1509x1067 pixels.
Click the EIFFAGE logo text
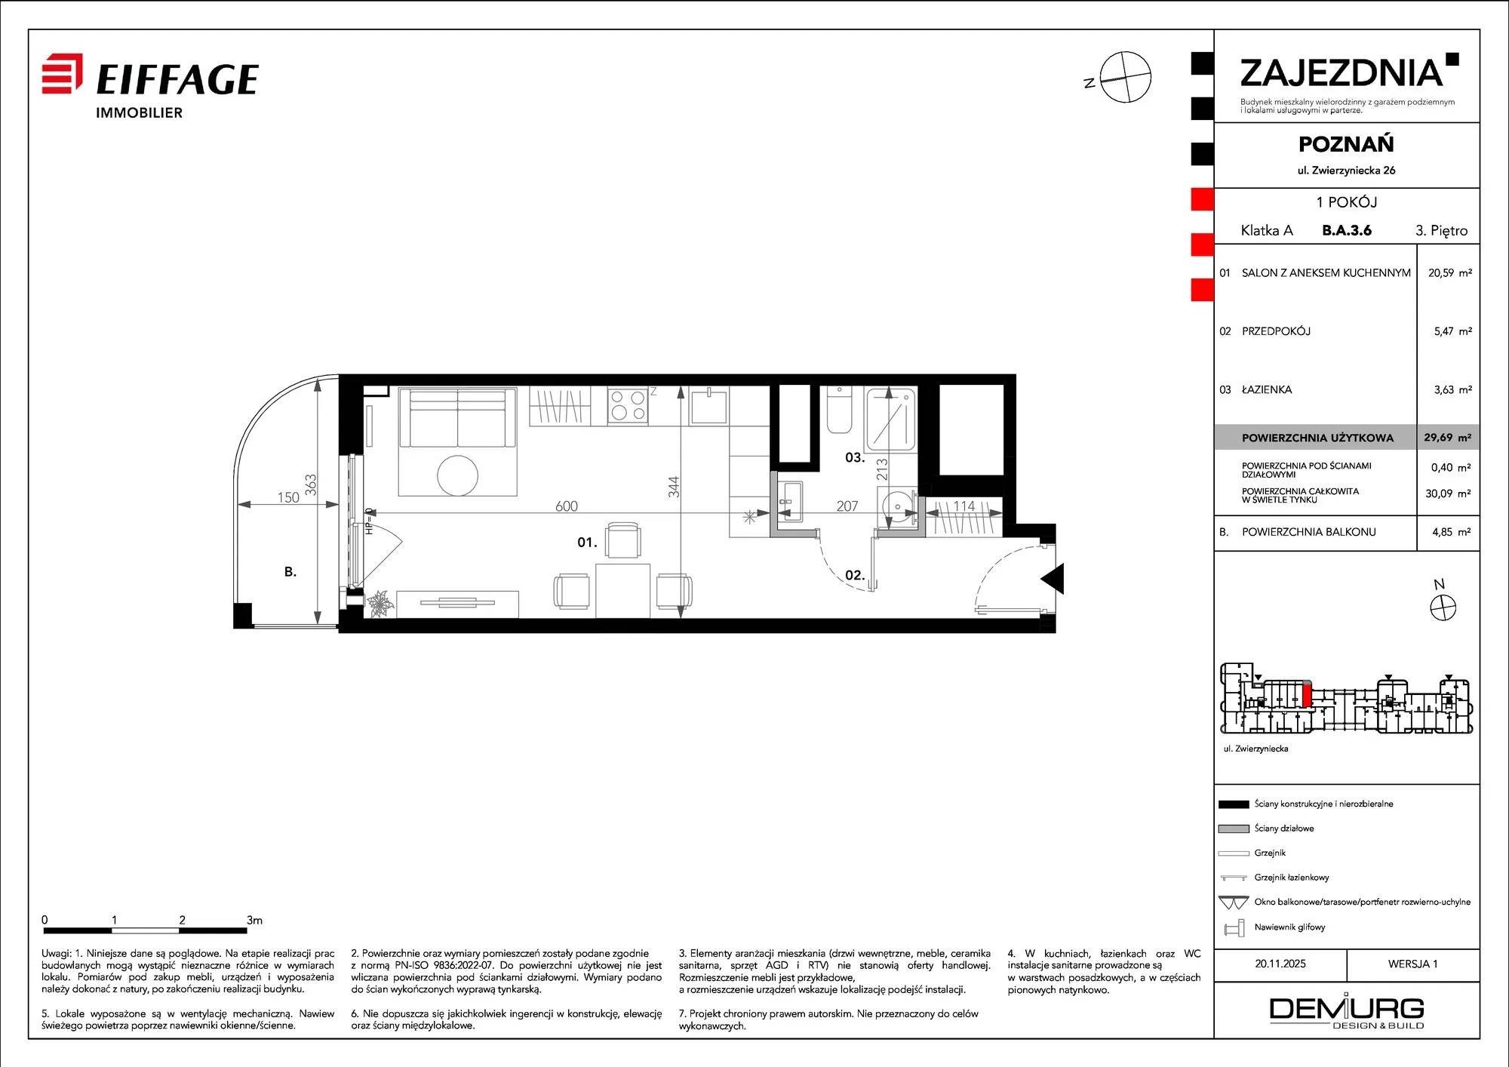click(177, 79)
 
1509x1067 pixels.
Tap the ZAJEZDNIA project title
click(1342, 73)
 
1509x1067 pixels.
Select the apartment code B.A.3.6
click(1347, 230)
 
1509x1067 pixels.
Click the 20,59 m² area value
click(1449, 272)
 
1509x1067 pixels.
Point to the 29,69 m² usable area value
click(1447, 437)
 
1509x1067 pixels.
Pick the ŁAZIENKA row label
click(1267, 389)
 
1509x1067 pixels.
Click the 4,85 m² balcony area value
click(1452, 531)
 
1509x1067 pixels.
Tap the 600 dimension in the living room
click(567, 506)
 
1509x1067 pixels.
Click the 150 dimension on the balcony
click(288, 497)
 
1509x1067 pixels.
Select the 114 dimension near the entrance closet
click(964, 506)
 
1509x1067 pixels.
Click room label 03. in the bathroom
click(855, 457)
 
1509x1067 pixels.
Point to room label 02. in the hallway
click(855, 575)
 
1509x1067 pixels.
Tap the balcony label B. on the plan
click(290, 572)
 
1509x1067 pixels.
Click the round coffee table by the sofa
click(458, 475)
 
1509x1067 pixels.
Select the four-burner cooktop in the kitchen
click(628, 405)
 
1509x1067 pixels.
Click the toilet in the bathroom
click(839, 410)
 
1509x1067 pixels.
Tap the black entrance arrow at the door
click(1053, 579)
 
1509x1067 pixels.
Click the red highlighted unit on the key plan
click(1308, 693)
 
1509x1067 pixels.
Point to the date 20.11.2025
click(1280, 964)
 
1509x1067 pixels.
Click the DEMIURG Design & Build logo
click(1347, 1012)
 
